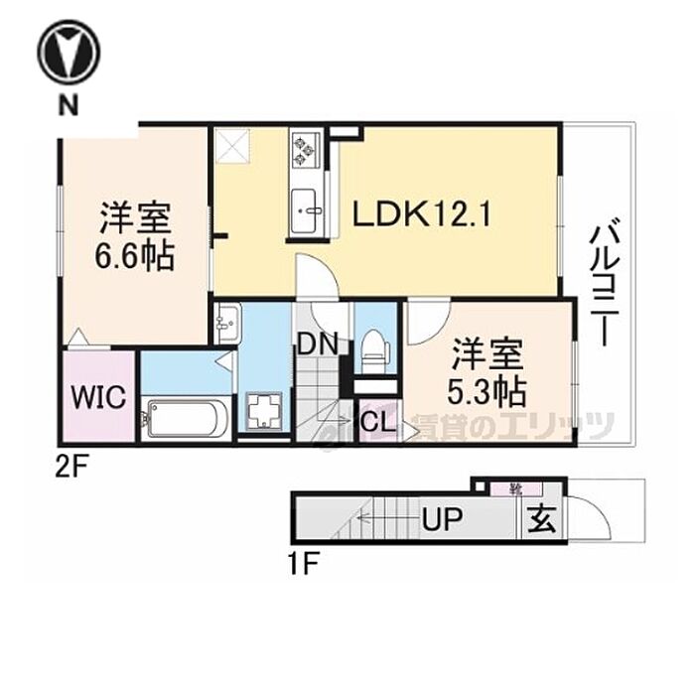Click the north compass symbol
[69, 53]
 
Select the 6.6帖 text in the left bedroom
[135, 257]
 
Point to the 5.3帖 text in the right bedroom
[486, 391]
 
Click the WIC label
[97, 398]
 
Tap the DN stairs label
[318, 346]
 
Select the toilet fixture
[374, 348]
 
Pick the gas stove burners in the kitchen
[303, 150]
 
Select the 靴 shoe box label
[515, 488]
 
